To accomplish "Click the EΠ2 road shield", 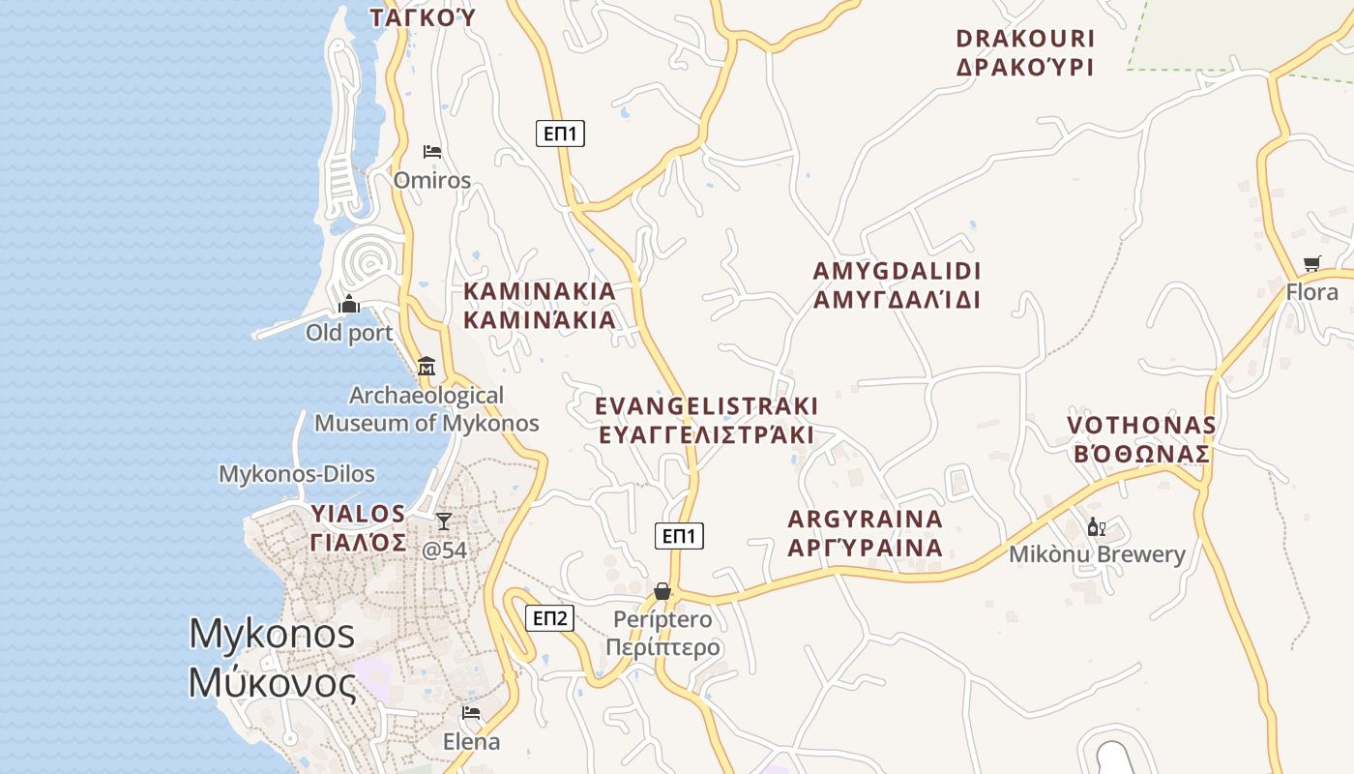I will coord(549,618).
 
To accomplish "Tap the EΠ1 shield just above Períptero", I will coord(679,536).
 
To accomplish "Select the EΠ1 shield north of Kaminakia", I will coord(560,134).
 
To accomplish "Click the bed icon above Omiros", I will coord(432,152).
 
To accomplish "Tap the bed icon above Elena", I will coord(471,713).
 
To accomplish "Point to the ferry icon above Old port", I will coord(349,305).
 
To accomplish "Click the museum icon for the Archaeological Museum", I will coord(427,367).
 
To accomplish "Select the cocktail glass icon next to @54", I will coord(443,521).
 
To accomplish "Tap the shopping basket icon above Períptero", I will coord(662,591).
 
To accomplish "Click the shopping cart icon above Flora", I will coord(1311,263).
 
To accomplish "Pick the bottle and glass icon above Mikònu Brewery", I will coord(1096,527).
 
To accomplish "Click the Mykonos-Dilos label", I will coord(297,474).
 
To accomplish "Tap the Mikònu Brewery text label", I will coord(1097,554).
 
